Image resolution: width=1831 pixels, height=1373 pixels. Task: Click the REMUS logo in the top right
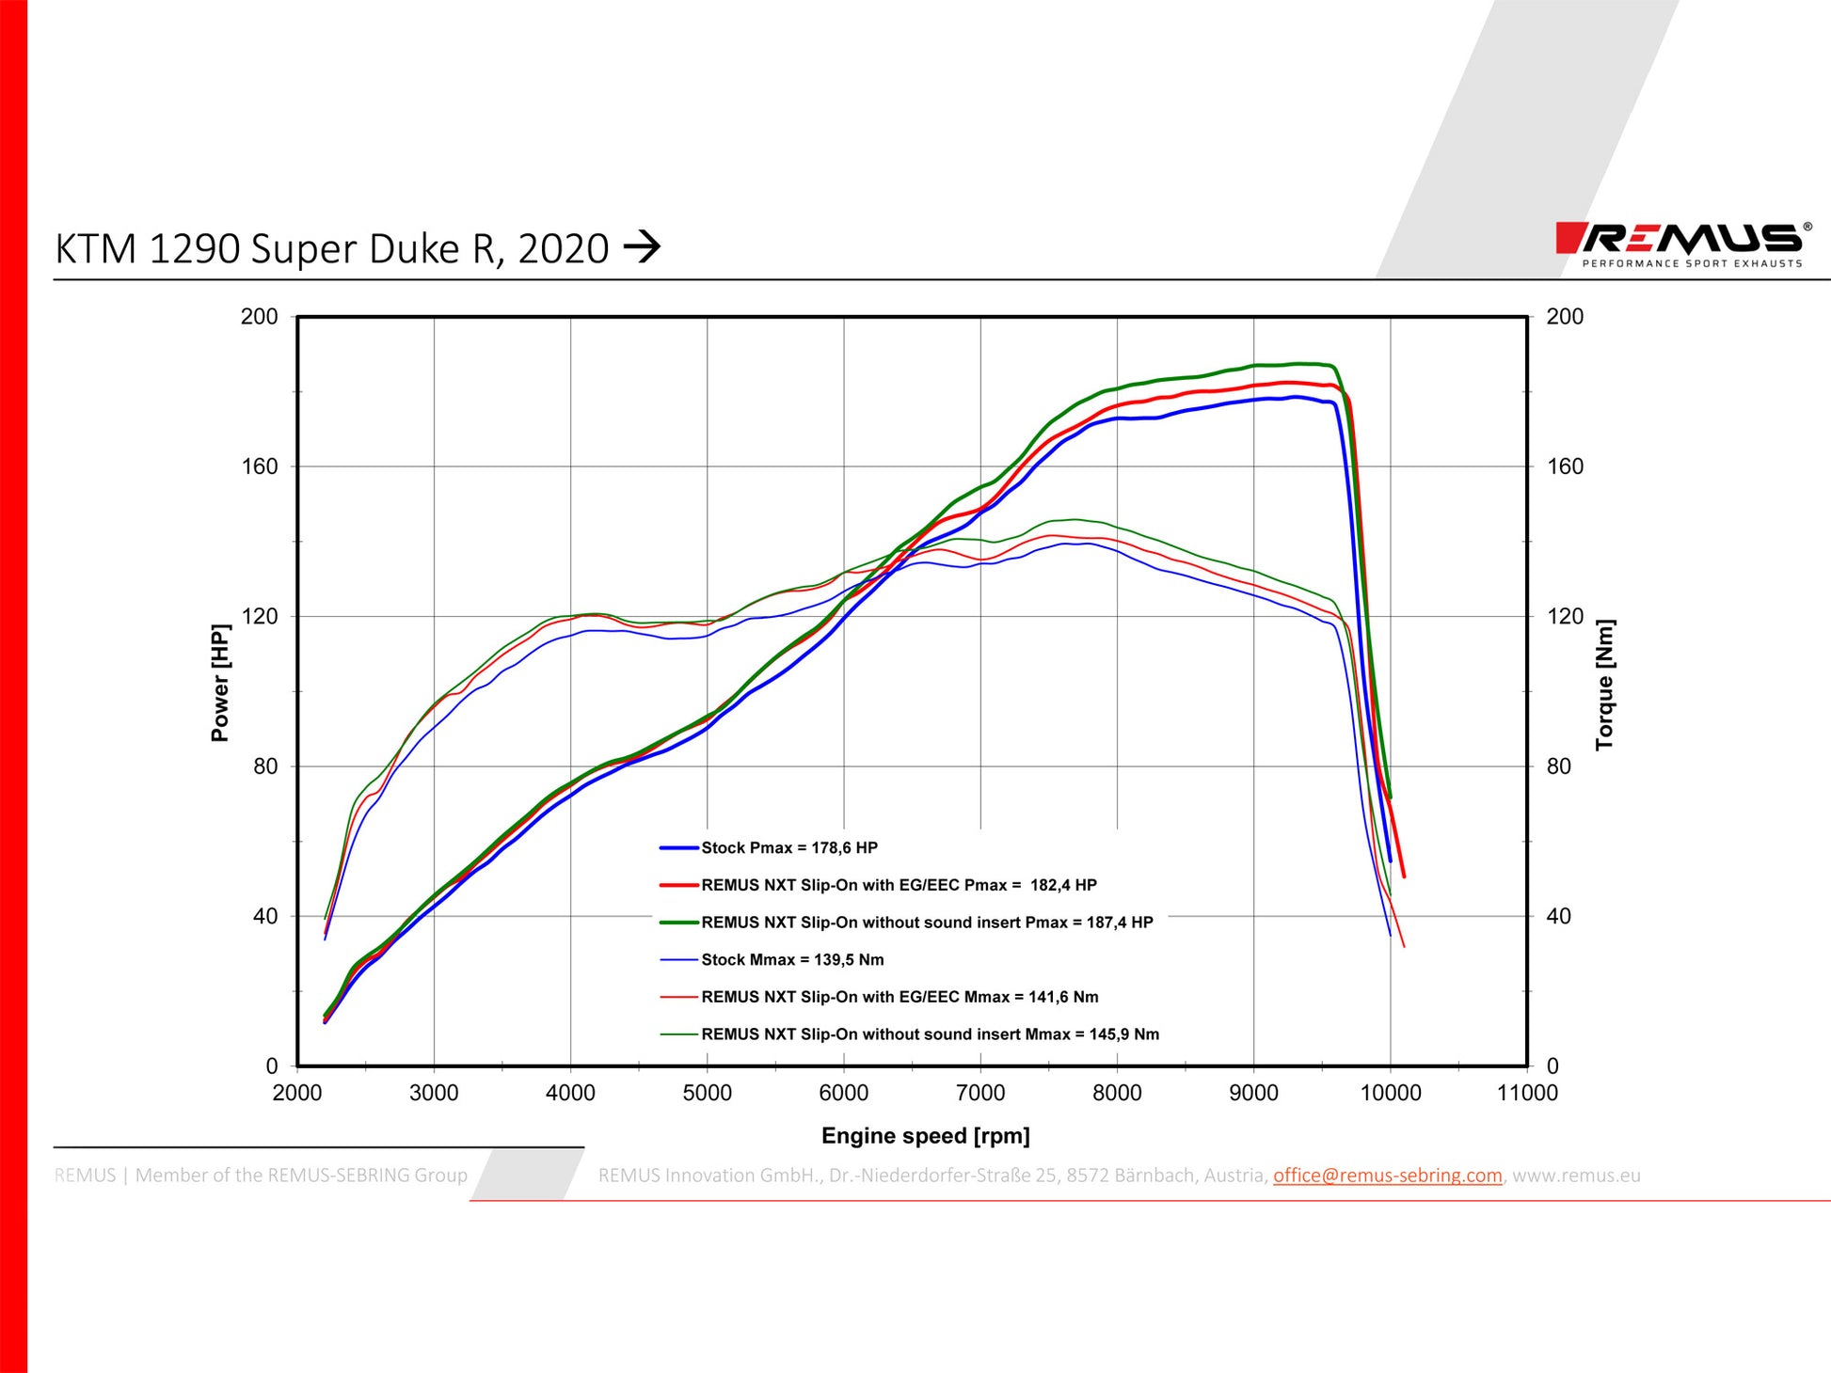(x=1680, y=243)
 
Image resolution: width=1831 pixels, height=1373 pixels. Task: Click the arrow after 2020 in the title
(x=643, y=248)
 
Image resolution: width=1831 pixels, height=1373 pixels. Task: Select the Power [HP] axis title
(x=220, y=683)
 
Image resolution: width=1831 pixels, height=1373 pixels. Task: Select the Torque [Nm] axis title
(x=1604, y=685)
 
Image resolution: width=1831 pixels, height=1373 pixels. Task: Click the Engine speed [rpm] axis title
(x=925, y=1136)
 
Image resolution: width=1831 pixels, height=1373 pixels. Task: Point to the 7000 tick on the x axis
(x=980, y=1093)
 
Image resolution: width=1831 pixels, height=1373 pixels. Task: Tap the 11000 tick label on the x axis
(x=1527, y=1093)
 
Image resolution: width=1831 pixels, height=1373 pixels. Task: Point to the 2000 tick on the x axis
(x=297, y=1093)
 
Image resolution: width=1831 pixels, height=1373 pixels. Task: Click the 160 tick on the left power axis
(x=260, y=466)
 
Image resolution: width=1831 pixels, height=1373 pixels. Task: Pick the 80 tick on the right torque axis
(x=1559, y=766)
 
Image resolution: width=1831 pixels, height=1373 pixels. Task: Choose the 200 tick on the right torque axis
(x=1565, y=317)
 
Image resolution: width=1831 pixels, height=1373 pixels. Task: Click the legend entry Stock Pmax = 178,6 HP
(x=788, y=848)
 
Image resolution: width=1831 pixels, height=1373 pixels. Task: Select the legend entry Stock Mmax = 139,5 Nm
(x=792, y=960)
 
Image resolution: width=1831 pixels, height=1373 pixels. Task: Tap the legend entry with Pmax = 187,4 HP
(x=927, y=923)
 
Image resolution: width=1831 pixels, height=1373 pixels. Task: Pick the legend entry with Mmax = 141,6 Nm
(x=900, y=997)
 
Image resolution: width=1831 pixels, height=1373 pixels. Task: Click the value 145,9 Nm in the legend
(x=1123, y=1034)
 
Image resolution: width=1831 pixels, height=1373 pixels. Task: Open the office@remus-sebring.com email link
(x=1387, y=1176)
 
